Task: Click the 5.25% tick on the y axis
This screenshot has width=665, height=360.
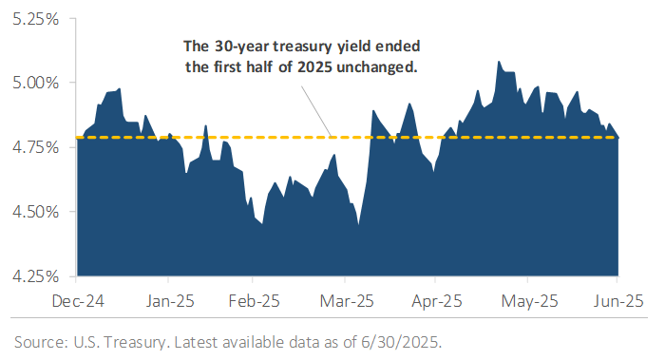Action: coord(32,18)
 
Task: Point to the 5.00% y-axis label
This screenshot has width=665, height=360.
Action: coord(32,83)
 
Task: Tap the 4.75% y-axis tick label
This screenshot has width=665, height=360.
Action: coord(32,147)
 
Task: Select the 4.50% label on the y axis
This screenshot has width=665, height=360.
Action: coord(32,212)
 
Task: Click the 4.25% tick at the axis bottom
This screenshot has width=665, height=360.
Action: coord(32,276)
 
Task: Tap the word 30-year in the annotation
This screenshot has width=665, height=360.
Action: coord(233,46)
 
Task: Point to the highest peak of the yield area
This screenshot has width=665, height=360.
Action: coord(499,62)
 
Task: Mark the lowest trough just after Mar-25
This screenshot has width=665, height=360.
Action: coord(358,223)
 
